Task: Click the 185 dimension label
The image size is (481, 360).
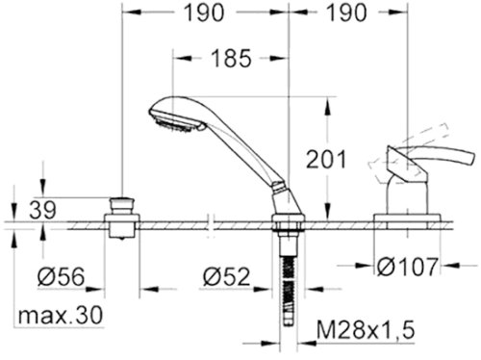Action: [x=229, y=58]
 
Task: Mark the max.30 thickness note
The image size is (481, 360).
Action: [x=62, y=315]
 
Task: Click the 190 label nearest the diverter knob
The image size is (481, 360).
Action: [x=203, y=13]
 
